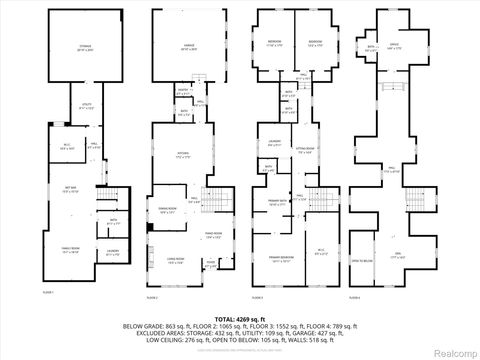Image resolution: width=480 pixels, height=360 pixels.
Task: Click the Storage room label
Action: [x=85, y=48]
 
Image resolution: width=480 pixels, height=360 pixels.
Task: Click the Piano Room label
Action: [x=211, y=236]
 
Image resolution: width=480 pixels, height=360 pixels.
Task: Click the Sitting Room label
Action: [x=305, y=152]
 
